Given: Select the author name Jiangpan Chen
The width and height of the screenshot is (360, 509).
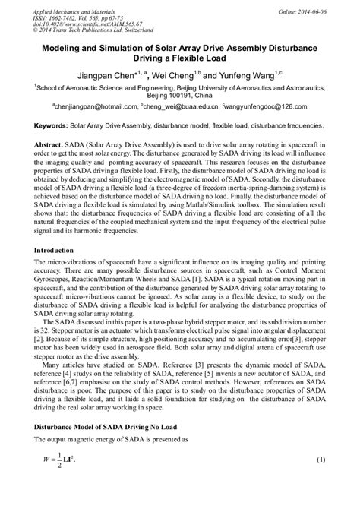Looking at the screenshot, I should coord(111,76).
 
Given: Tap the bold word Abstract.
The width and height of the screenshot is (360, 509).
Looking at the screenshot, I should coord(50,143).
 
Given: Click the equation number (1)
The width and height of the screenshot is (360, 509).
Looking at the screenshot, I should coord(321,482).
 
